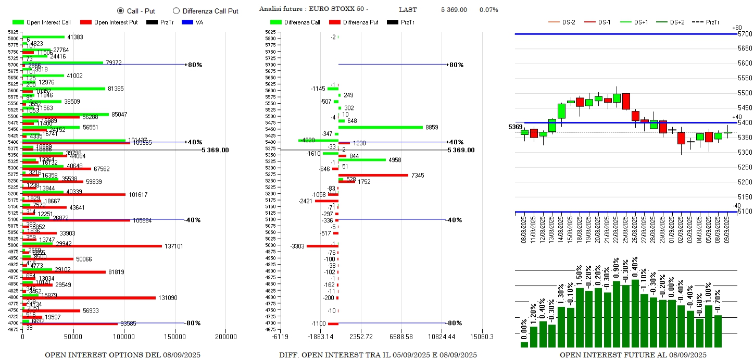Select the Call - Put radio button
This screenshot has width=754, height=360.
pyautogui.click(x=120, y=11)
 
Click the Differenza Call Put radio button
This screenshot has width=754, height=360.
pyautogui.click(x=176, y=11)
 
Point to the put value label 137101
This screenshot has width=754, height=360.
pyautogui.click(x=173, y=246)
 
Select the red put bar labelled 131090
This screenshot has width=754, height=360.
pyautogui.click(x=89, y=297)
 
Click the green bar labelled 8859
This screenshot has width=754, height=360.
pyautogui.click(x=381, y=127)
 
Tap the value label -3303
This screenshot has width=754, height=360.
pyautogui.click(x=297, y=246)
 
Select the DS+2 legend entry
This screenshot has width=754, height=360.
pyautogui.click(x=677, y=22)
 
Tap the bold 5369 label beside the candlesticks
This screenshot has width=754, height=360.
pyautogui.click(x=515, y=127)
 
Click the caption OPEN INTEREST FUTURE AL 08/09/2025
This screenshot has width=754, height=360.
pyautogui.click(x=633, y=355)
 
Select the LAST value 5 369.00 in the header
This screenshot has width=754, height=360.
pyautogui.click(x=454, y=10)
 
